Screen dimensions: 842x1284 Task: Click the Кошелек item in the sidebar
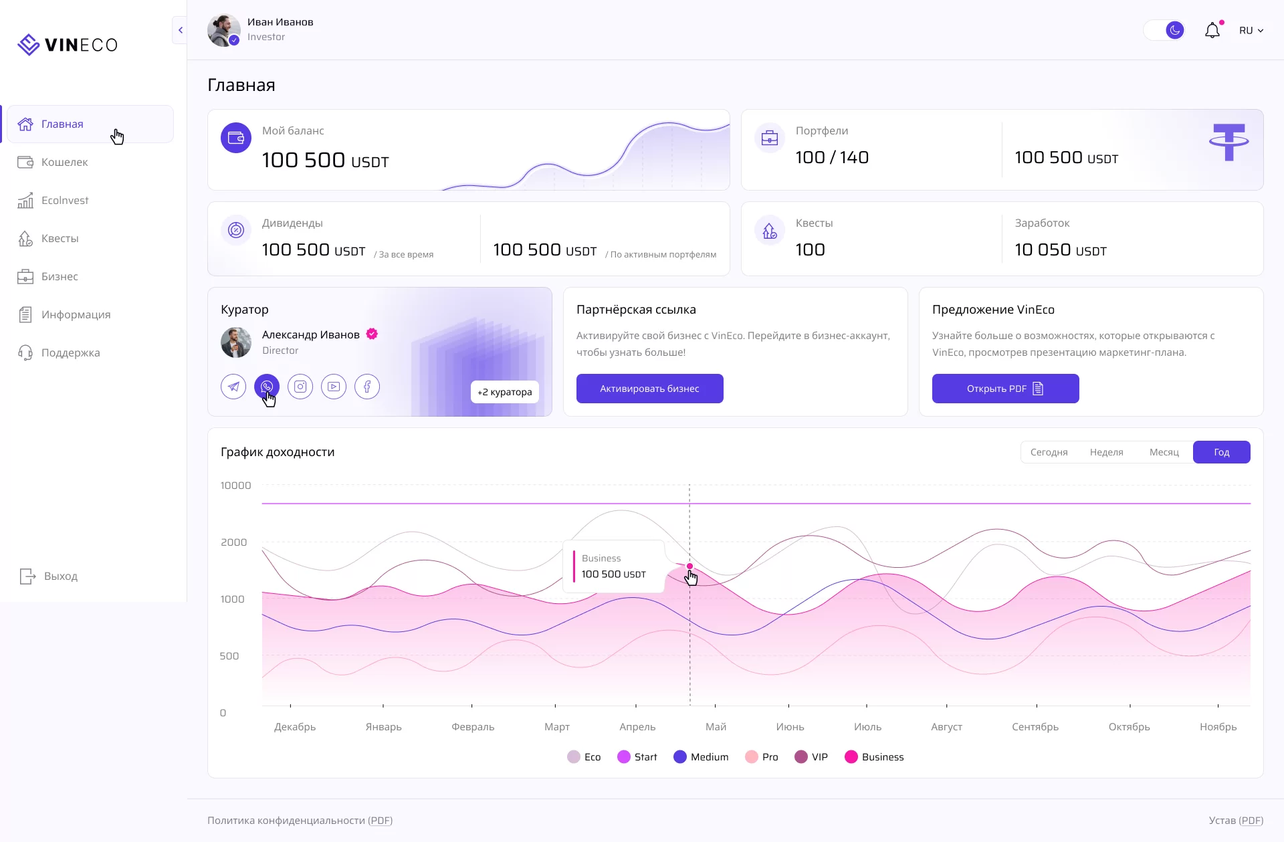tap(64, 162)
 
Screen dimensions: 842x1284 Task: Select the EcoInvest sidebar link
tap(64, 200)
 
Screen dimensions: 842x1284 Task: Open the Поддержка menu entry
tap(70, 352)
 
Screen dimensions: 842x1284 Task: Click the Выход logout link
tap(60, 576)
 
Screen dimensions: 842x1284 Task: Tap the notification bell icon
tap(1212, 31)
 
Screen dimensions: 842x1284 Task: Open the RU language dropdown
tap(1251, 31)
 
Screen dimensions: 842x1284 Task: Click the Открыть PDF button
tap(1005, 389)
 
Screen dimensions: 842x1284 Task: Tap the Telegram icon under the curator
tap(233, 387)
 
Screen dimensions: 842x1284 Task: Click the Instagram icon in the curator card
tap(300, 387)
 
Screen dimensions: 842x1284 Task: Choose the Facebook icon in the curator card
tap(367, 387)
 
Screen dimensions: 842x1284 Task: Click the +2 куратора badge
tap(505, 392)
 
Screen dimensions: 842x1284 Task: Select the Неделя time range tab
tap(1106, 452)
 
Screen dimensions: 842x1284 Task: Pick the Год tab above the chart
tap(1221, 452)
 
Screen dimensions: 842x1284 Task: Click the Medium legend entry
tap(701, 756)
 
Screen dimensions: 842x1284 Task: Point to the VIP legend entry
tap(811, 756)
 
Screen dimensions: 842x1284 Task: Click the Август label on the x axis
tap(946, 726)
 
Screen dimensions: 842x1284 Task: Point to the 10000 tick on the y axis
tap(235, 486)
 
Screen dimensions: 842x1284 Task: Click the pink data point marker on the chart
tap(689, 566)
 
